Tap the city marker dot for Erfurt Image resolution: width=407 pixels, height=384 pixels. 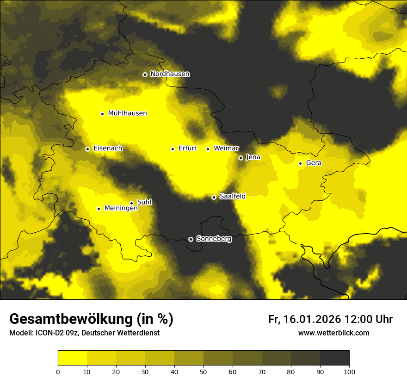[x=173, y=149]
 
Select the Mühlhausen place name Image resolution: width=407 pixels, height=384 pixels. [x=127, y=113]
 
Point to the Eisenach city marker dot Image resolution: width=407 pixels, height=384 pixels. [x=87, y=149]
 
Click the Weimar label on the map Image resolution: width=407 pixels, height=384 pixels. [x=226, y=149]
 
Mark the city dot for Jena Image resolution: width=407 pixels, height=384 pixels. [x=240, y=158]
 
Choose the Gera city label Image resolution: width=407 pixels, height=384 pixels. [x=314, y=163]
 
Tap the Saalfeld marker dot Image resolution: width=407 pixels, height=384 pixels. [x=214, y=197]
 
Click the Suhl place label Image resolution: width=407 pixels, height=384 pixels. [x=144, y=202]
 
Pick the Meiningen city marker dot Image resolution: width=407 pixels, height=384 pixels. [x=99, y=209]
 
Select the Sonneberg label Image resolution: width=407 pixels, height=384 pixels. [x=214, y=239]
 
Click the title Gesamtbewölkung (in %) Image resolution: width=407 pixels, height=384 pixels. [x=91, y=319]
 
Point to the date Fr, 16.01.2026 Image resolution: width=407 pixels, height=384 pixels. [x=304, y=319]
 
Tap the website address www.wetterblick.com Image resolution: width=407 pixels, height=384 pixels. [x=333, y=333]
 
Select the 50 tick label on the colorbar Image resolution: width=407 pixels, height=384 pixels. [x=203, y=372]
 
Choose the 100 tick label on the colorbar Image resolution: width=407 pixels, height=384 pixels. [x=349, y=372]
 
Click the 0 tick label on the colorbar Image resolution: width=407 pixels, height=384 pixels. [x=58, y=372]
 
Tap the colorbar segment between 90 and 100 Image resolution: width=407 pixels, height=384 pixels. [x=334, y=358]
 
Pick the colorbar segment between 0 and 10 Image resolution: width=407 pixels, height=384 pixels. [x=72, y=358]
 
